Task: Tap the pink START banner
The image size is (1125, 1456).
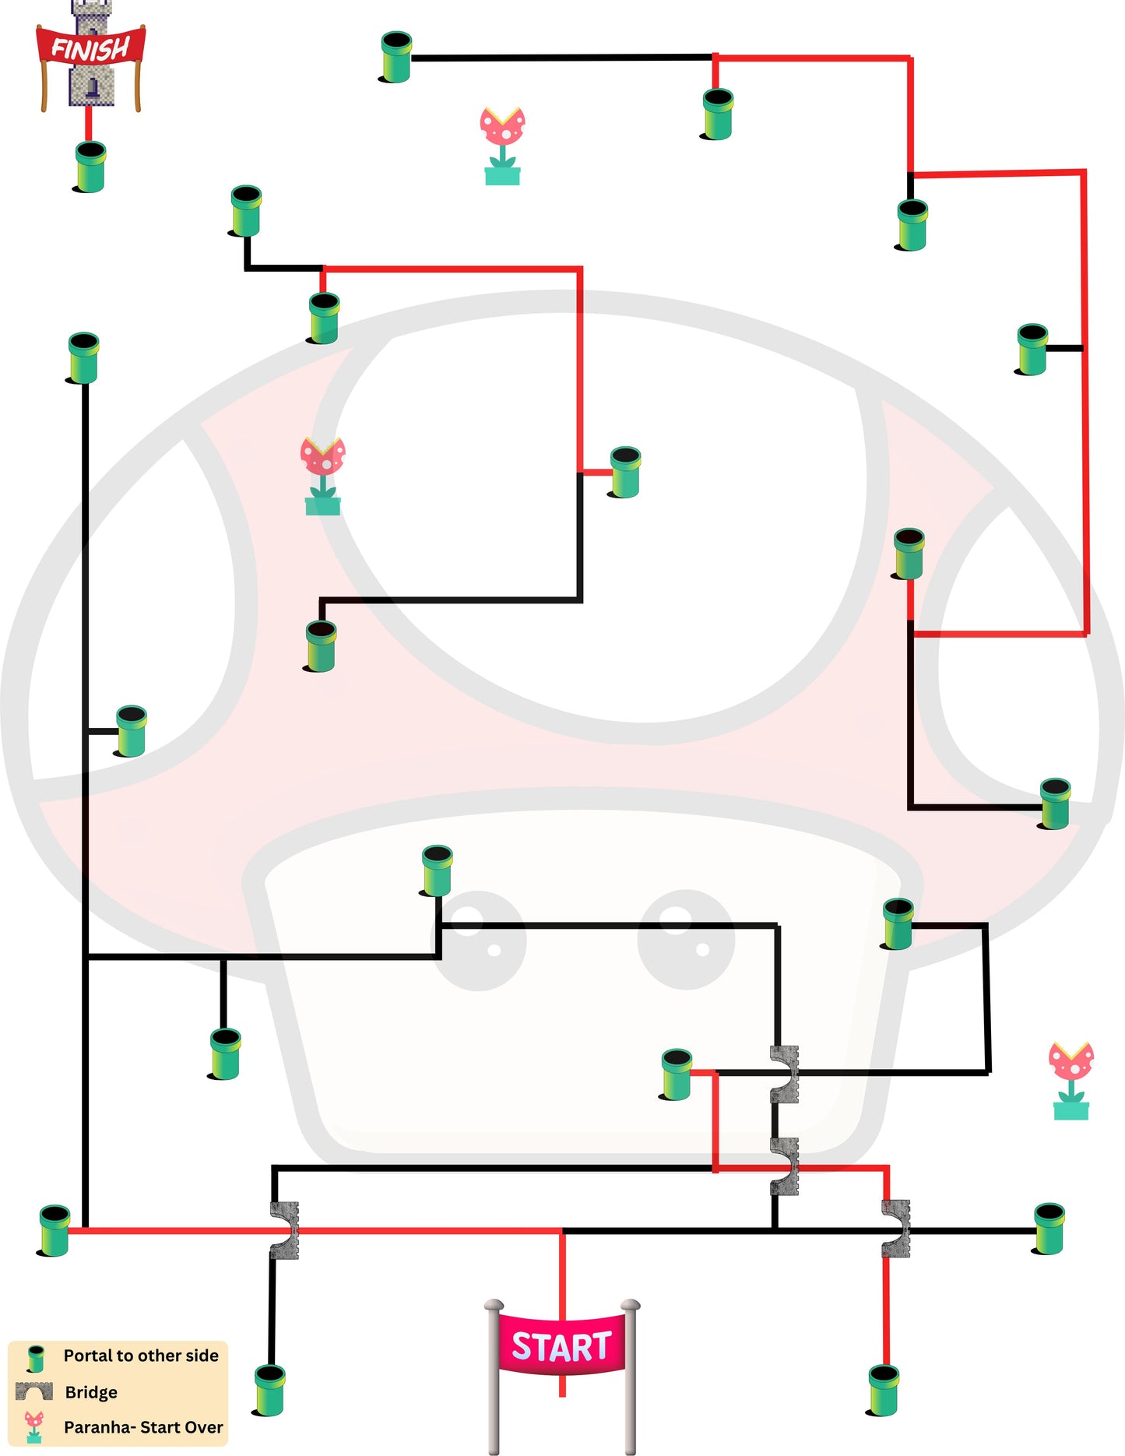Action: pyautogui.click(x=561, y=1345)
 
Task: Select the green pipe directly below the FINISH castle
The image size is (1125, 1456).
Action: pyautogui.click(x=90, y=167)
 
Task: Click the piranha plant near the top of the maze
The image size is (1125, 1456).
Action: pyautogui.click(x=502, y=146)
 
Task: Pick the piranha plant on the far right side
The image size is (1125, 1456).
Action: pyautogui.click(x=1071, y=1081)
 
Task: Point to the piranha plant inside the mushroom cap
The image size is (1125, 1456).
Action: pyautogui.click(x=322, y=476)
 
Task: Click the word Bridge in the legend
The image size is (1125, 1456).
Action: pyautogui.click(x=91, y=1392)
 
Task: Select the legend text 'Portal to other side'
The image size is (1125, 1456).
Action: pyautogui.click(x=141, y=1356)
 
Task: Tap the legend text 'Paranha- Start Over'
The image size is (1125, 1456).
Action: pyautogui.click(x=143, y=1427)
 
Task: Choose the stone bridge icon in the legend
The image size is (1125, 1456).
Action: pyautogui.click(x=34, y=1392)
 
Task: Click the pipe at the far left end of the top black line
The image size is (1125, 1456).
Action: pyautogui.click(x=396, y=57)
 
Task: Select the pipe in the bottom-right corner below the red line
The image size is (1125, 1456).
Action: pyautogui.click(x=884, y=1391)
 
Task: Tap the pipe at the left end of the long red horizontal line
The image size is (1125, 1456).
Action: pyautogui.click(x=54, y=1230)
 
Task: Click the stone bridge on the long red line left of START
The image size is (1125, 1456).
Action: pyautogui.click(x=284, y=1230)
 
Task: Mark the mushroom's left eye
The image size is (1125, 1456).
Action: pyautogui.click(x=480, y=941)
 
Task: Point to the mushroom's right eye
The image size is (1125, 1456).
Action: pyautogui.click(x=686, y=939)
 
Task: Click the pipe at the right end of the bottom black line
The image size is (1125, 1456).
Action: pyautogui.click(x=1049, y=1229)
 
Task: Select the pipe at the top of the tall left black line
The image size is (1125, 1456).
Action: pyautogui.click(x=83, y=357)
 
